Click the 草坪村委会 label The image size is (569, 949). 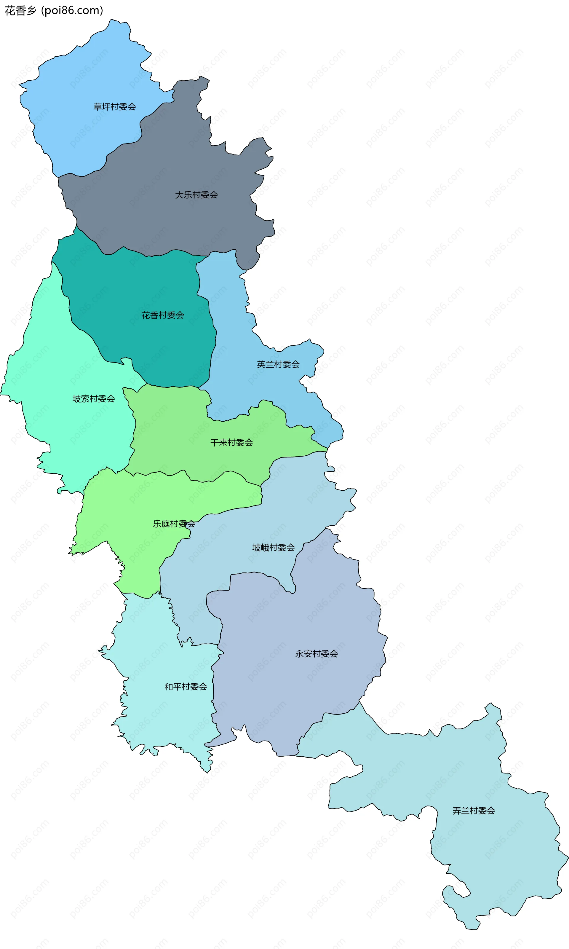click(114, 107)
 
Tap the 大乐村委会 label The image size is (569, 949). click(196, 195)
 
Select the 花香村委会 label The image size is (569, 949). click(163, 315)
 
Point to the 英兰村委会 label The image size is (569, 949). click(278, 364)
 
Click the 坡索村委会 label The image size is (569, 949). click(94, 399)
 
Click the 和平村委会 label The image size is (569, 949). click(186, 687)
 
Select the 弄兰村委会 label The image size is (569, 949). click(474, 811)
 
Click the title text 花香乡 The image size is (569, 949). click(20, 10)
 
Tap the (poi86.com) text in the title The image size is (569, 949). click(72, 10)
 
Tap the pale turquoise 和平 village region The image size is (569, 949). click(161, 721)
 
